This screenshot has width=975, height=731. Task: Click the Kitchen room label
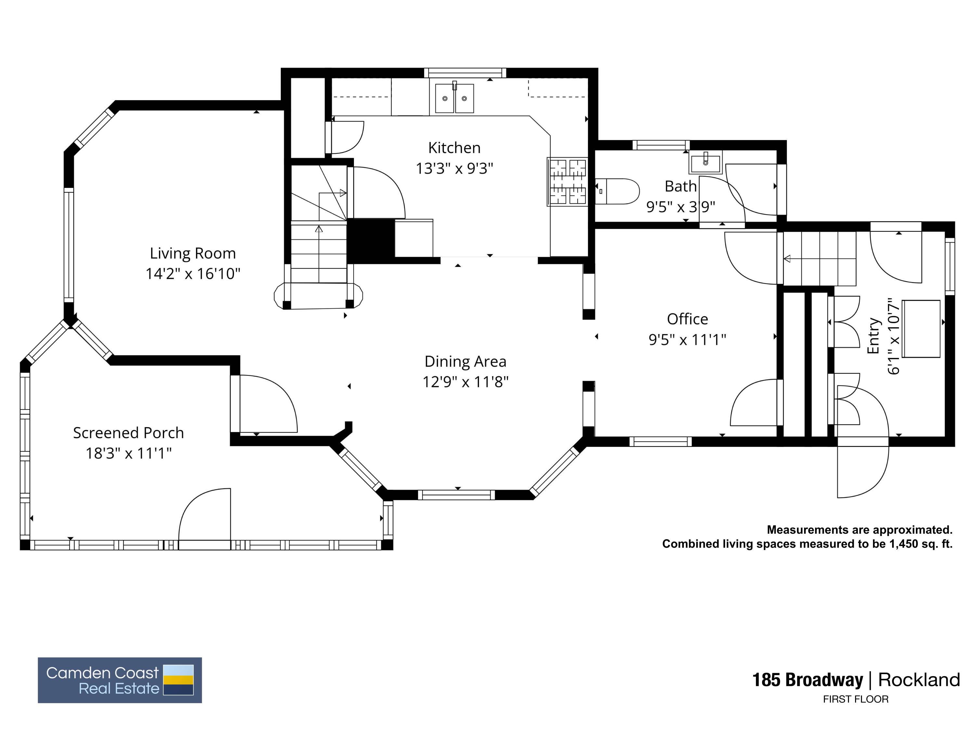(454, 148)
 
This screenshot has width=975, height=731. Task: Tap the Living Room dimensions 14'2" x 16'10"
(193, 274)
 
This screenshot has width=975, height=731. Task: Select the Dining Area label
(465, 361)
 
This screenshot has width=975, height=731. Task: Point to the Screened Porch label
(128, 433)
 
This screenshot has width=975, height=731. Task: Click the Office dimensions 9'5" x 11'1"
(687, 339)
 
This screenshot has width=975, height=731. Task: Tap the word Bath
(681, 187)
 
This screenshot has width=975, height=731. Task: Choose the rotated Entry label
(873, 336)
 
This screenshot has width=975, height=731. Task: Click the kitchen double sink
(454, 98)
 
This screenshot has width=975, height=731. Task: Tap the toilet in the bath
(617, 191)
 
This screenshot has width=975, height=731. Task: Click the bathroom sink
(706, 162)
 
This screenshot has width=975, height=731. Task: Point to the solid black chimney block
(371, 241)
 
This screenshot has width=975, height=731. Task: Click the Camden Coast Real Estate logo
(120, 680)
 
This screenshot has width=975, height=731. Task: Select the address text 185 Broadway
(808, 680)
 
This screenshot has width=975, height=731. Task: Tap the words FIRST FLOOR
(855, 699)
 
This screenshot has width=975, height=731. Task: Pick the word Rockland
(919, 680)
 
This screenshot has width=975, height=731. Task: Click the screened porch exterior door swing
(204, 514)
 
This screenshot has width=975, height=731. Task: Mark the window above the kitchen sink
(465, 73)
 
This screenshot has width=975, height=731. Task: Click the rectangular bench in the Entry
(921, 329)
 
